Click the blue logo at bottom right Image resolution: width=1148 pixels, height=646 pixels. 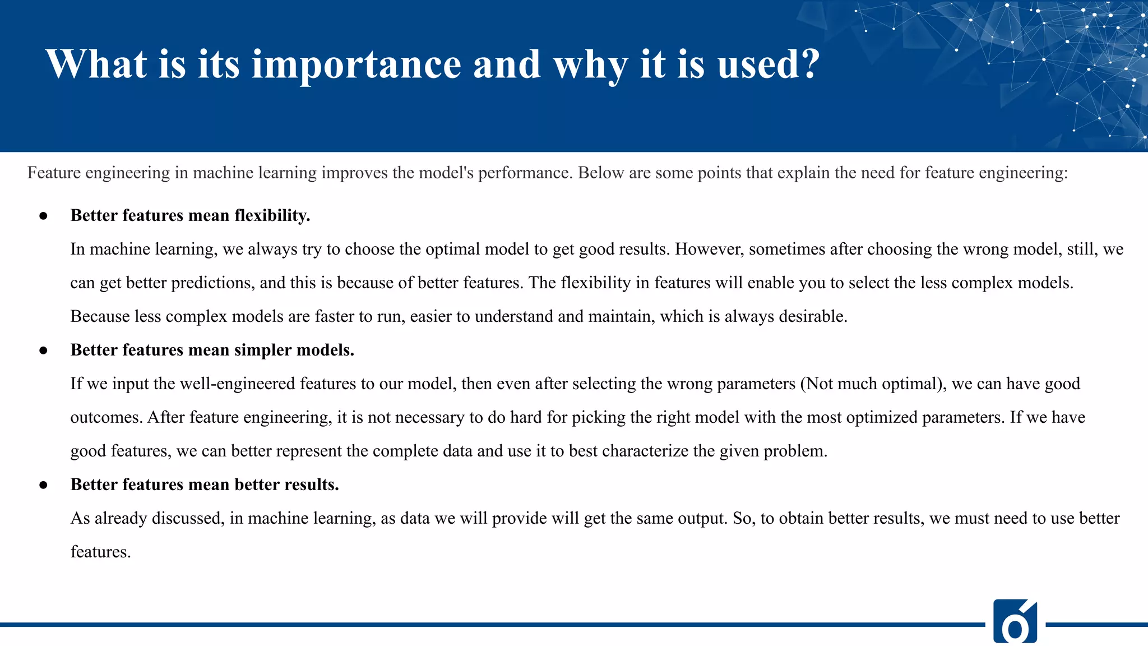coord(1015,621)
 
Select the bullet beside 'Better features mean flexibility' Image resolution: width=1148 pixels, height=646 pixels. coord(43,216)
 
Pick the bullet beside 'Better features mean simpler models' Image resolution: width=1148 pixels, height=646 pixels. coord(43,350)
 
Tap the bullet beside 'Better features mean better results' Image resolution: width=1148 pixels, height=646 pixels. coord(43,485)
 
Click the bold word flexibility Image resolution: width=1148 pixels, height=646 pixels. coord(272,216)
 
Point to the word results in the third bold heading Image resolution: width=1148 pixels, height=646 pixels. coord(311,485)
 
